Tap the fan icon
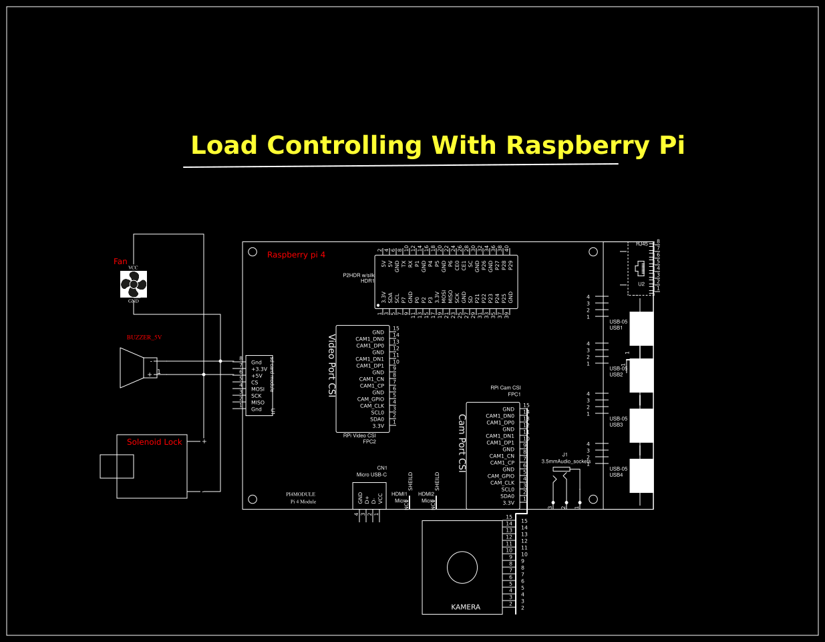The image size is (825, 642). (134, 284)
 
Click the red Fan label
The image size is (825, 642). (120, 261)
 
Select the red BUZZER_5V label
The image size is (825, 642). (144, 338)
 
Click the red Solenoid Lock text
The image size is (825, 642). (154, 442)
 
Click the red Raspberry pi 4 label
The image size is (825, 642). (296, 255)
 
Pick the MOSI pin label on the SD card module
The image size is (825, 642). (258, 389)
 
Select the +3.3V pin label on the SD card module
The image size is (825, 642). (259, 369)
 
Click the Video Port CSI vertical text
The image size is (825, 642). (331, 365)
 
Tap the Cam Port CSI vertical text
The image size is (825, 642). (462, 443)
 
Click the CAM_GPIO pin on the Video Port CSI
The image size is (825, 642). (371, 399)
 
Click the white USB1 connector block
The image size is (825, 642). (641, 328)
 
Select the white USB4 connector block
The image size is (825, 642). (641, 475)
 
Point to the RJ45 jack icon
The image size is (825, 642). (640, 268)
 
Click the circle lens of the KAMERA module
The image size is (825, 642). (462, 568)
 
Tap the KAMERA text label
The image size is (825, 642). (466, 607)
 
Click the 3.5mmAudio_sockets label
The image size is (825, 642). (566, 461)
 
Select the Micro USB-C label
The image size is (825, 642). (371, 475)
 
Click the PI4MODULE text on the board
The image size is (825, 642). (301, 494)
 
